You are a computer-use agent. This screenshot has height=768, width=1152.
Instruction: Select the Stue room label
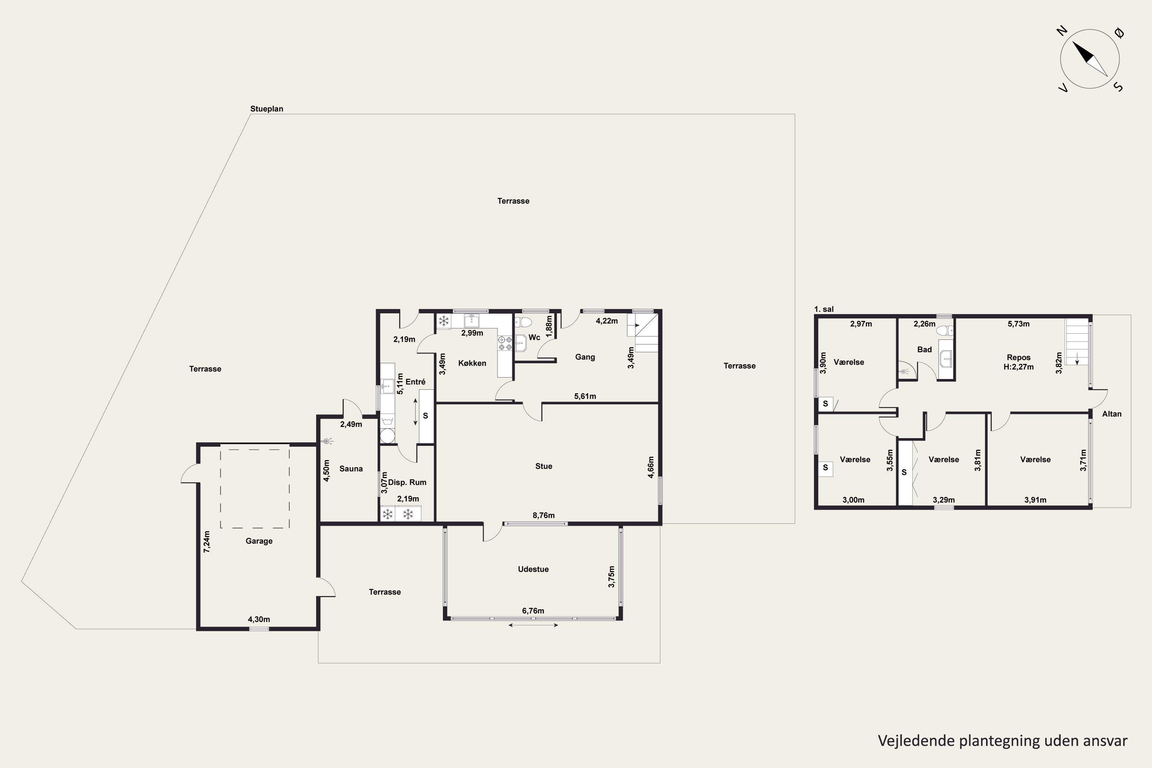point(544,466)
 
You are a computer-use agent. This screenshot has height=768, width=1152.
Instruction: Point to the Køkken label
point(472,363)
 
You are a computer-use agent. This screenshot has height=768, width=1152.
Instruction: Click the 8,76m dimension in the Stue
point(544,515)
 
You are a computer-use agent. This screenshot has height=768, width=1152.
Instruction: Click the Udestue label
point(533,569)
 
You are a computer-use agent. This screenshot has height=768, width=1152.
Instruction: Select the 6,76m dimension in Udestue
point(533,611)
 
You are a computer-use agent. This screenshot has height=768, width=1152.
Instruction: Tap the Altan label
point(1112,414)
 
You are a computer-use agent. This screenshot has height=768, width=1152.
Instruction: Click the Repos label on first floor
point(1019,358)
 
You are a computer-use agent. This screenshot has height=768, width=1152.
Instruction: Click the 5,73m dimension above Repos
point(1018,324)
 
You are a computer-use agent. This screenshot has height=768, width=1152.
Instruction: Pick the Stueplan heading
point(266,109)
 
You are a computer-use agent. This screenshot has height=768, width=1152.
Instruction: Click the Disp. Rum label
point(407,482)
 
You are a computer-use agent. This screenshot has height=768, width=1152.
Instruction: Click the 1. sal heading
point(824,309)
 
